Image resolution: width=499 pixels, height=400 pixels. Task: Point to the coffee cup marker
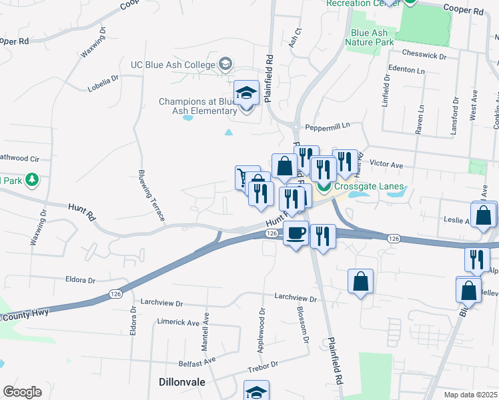(296, 233)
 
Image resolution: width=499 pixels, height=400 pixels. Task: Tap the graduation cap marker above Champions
(246, 93)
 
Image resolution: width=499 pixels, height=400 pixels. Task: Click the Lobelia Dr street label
(103, 83)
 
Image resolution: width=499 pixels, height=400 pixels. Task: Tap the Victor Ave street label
(386, 163)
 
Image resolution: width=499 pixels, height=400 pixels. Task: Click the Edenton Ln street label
(406, 70)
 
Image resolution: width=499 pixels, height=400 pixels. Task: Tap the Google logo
(22, 392)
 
